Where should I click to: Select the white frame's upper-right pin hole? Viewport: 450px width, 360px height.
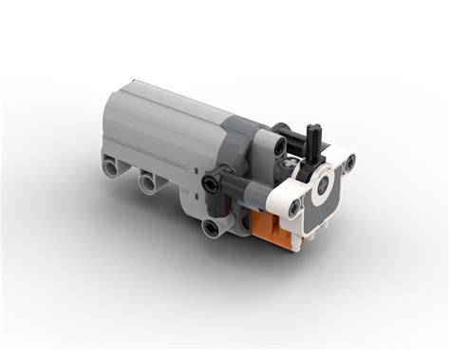point(347,165)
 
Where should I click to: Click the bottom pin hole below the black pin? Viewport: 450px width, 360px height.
point(209,225)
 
